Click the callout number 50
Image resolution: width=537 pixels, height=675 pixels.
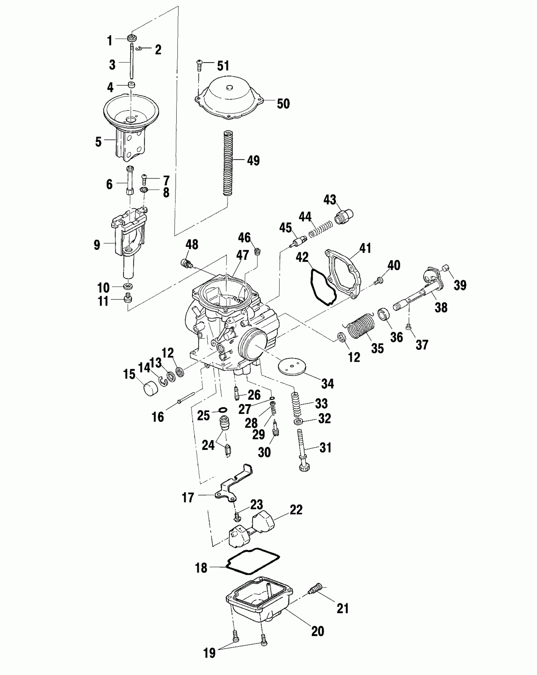[x=283, y=104]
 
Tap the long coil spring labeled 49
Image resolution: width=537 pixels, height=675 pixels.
[x=227, y=164]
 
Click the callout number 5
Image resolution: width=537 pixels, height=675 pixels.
[x=99, y=142]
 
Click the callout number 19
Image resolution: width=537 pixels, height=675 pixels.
[x=209, y=653]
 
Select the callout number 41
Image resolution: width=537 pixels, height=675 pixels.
[x=365, y=248]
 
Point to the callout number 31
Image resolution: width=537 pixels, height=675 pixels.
[x=325, y=447]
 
